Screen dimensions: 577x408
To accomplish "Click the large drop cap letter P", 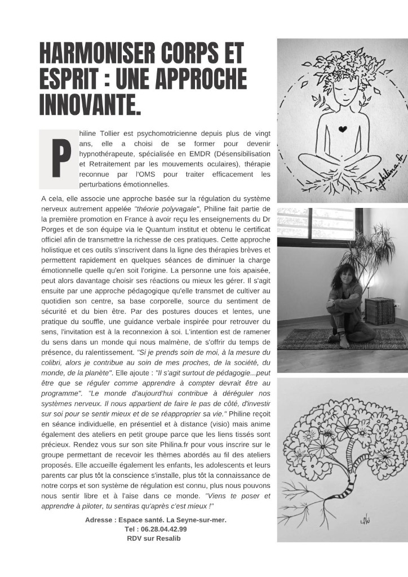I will click(57, 159).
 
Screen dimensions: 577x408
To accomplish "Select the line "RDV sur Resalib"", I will click(154, 539).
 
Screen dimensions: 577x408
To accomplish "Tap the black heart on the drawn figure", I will click(342, 129).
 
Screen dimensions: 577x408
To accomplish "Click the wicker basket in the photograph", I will click(380, 311).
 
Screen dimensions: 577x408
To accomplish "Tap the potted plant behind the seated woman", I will click(370, 254).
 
